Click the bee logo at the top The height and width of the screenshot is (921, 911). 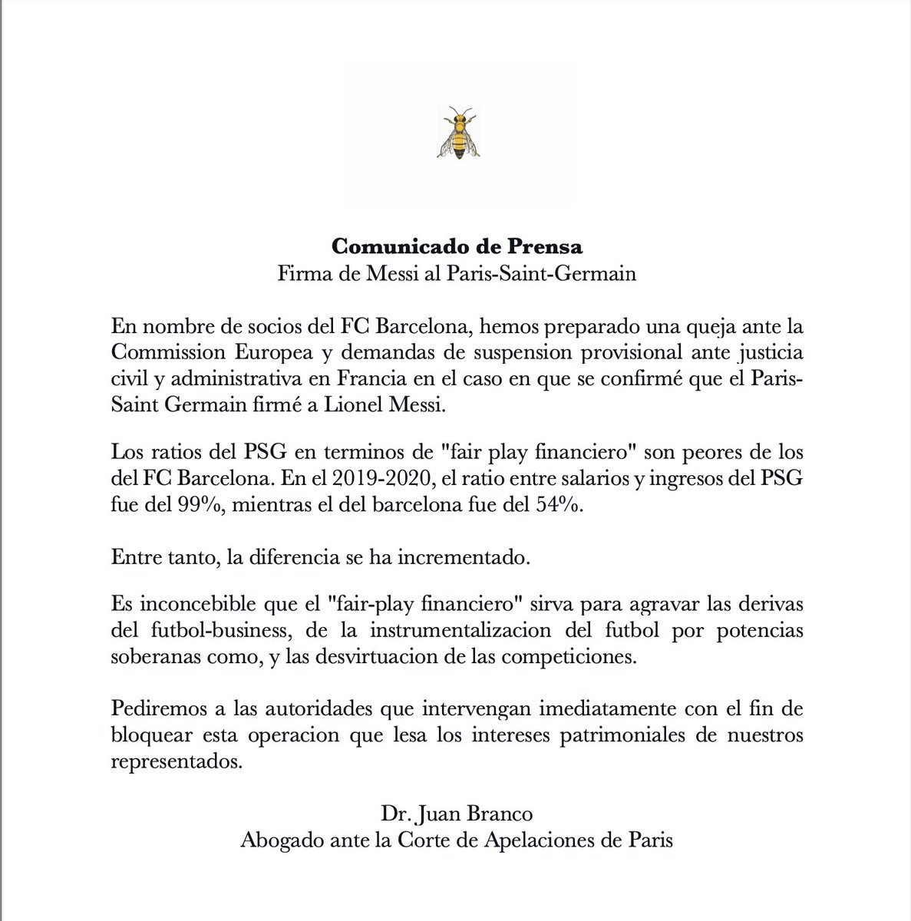point(457,133)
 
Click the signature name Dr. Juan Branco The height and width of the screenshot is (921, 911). point(456,813)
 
